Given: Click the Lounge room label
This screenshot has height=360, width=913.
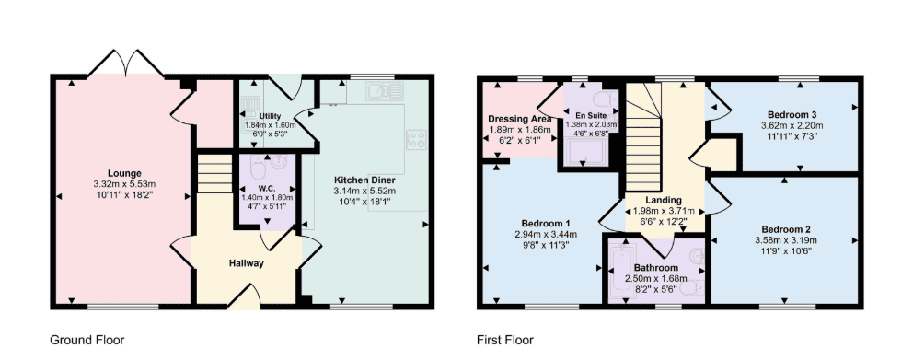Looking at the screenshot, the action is [x=124, y=173].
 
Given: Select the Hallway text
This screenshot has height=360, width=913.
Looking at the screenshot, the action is [x=247, y=263].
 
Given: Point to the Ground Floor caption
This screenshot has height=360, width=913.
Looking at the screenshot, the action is [x=87, y=340].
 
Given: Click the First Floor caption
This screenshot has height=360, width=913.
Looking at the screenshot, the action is [x=505, y=340].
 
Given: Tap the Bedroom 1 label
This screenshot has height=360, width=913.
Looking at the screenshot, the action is [x=546, y=224].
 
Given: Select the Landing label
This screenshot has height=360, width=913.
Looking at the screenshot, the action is [x=664, y=201].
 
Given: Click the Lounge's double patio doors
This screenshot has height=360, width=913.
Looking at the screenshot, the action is [x=125, y=64].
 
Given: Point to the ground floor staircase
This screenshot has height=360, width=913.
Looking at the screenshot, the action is [x=214, y=174].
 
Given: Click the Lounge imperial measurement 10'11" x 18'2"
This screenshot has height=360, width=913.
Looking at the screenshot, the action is [x=124, y=192].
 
